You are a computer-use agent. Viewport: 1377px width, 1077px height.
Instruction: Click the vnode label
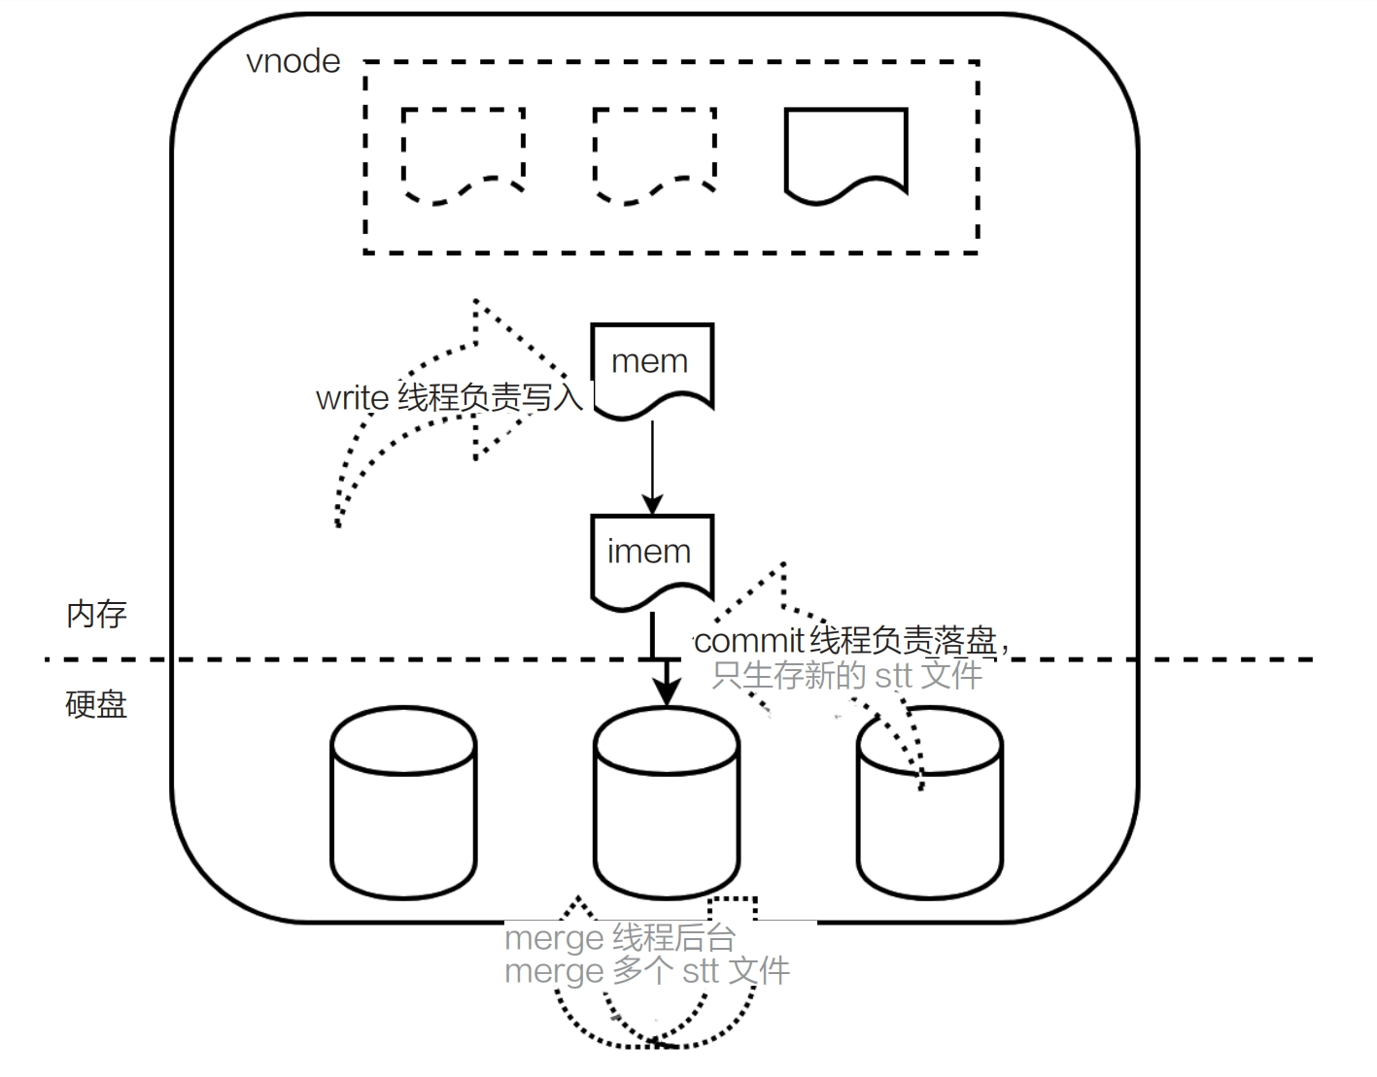[293, 62]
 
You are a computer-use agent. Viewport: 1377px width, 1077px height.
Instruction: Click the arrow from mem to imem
[652, 466]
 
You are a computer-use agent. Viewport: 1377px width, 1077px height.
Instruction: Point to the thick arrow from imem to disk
[665, 670]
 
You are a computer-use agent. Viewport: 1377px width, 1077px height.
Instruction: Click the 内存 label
[96, 615]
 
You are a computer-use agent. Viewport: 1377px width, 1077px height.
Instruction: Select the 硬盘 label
[96, 704]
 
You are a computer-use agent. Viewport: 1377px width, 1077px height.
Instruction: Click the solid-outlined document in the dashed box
[845, 153]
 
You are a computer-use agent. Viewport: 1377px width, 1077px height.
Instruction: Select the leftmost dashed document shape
[464, 153]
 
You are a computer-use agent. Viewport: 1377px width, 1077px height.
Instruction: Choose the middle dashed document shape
[654, 153]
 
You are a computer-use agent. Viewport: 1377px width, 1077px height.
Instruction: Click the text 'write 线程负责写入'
[449, 398]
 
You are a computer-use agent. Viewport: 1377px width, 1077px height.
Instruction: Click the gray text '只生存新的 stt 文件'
[846, 675]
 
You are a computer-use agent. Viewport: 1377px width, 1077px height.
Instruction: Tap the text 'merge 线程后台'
[620, 938]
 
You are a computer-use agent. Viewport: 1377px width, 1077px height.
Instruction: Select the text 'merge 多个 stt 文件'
[647, 971]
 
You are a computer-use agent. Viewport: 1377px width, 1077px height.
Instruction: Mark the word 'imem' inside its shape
[649, 552]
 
